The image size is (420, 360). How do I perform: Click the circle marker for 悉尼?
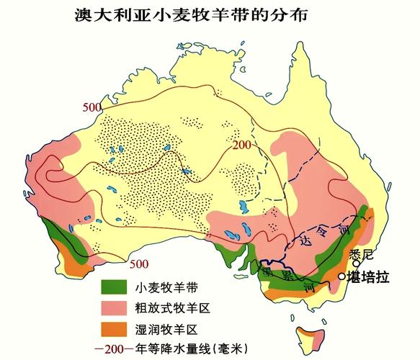[356, 264]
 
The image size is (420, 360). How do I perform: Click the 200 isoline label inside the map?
[242, 146]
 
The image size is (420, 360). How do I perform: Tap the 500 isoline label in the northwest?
[91, 107]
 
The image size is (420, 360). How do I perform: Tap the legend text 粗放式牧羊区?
[173, 308]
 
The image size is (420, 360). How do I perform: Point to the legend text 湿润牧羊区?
[166, 330]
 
